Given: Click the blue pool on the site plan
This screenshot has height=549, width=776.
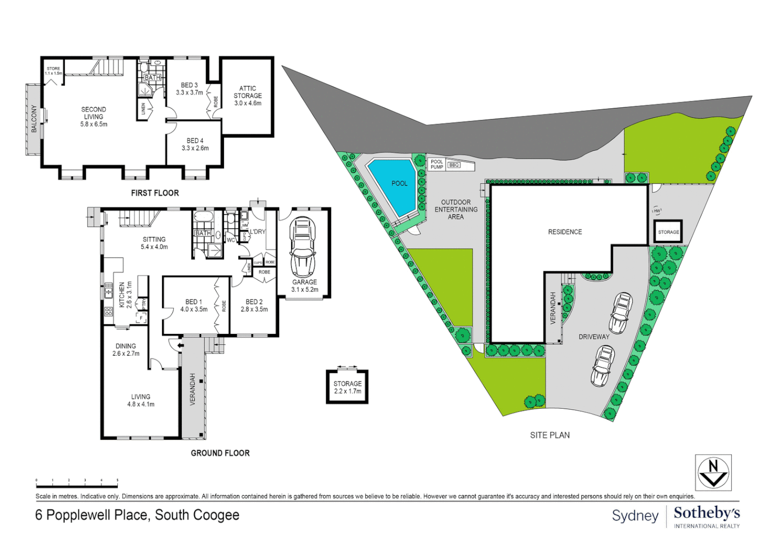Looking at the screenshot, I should pos(394,186).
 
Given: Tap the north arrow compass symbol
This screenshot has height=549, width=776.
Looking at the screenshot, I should pos(713,473).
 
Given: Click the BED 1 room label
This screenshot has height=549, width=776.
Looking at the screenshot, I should pos(193,305).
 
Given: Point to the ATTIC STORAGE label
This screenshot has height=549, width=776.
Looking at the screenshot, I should pos(248,96).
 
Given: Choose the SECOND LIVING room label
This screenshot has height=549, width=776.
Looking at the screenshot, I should pos(94,116).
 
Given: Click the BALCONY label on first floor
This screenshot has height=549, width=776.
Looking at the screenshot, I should pos(34,119).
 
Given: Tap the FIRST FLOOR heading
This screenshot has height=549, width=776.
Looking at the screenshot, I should pos(155,193).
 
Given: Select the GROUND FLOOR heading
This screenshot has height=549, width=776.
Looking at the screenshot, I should pos(220,453).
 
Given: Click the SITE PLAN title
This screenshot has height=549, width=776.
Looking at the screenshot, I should pos(549,435).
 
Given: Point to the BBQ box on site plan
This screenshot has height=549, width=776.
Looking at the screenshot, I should pos(454,165).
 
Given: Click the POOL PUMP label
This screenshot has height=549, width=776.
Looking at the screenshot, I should pos(437,164).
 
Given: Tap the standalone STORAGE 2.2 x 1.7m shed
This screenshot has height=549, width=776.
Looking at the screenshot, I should pos(347,387).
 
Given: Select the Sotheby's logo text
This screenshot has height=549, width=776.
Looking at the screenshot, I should pos(706,513).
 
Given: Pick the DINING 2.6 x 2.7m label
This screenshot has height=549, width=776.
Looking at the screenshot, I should pos(126,350).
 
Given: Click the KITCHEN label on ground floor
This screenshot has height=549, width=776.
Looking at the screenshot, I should pos(122,295).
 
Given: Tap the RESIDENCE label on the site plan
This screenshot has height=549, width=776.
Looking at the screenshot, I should pos(565,232).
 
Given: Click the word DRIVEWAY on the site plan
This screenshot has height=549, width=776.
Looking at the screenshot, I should pos(594,337).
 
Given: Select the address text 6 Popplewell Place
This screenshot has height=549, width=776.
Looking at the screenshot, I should pos(137,515).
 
